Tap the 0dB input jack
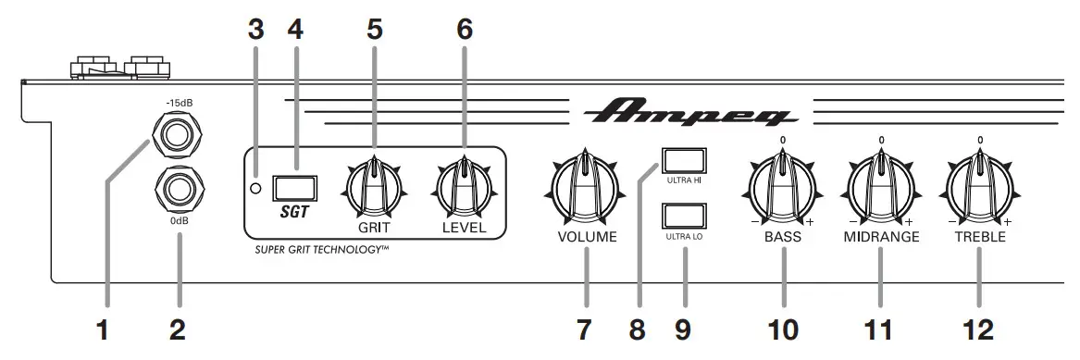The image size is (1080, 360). point(179,190)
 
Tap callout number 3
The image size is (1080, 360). point(256,30)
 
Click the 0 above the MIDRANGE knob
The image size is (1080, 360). point(880,140)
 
